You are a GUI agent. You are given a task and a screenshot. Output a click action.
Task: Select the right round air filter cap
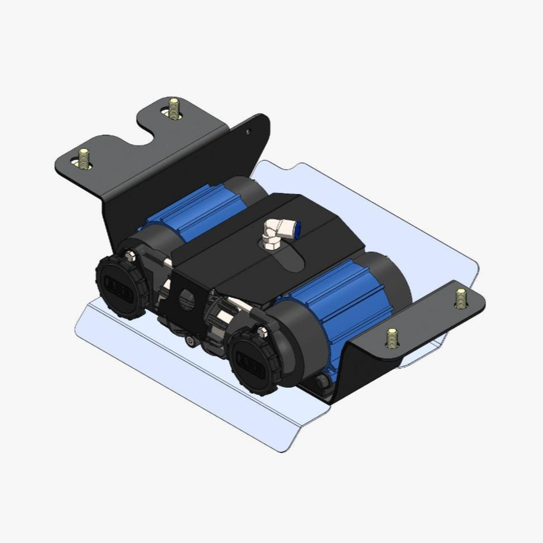(x=252, y=356)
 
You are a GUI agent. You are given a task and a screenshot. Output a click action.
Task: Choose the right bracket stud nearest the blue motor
(x=392, y=337)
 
